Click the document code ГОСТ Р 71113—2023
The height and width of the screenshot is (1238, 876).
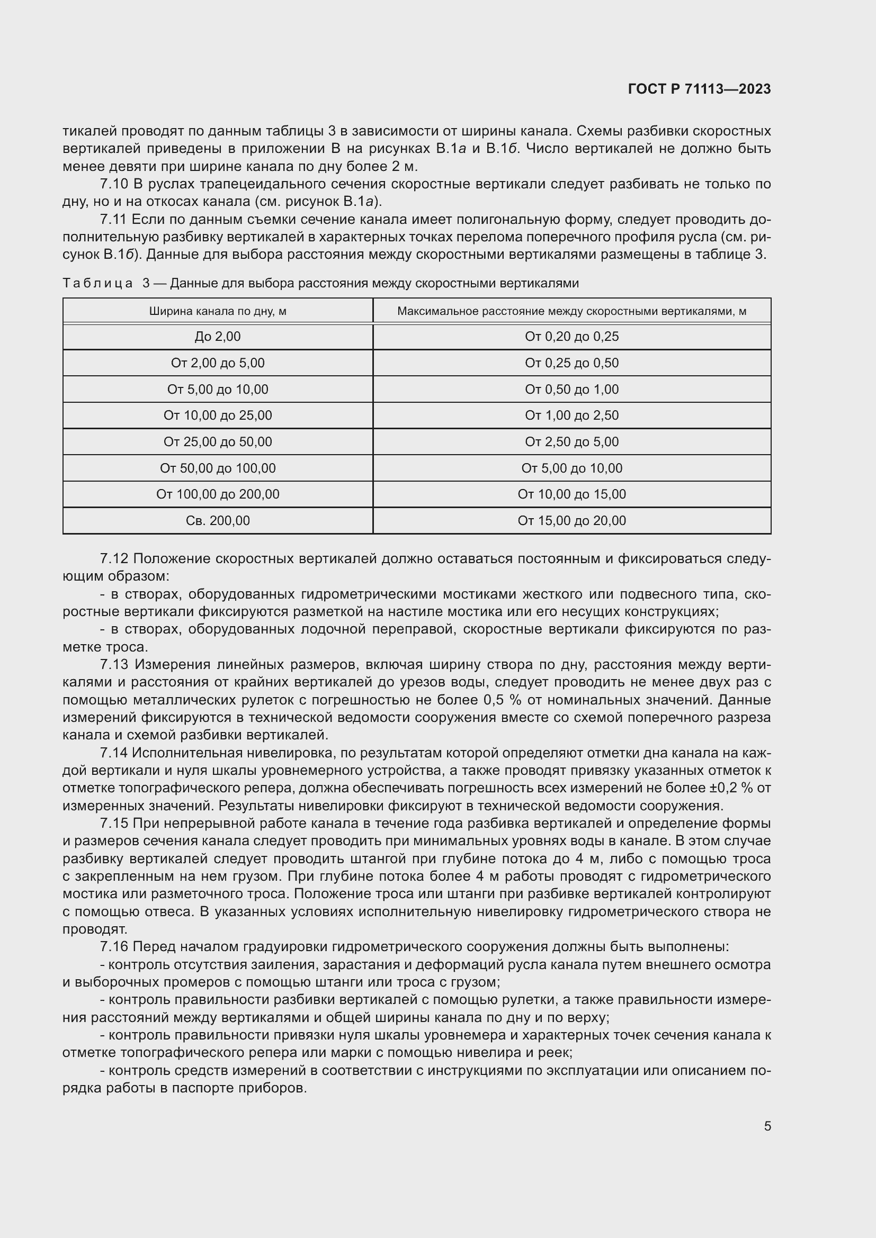point(699,89)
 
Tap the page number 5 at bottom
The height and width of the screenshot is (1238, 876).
point(767,1126)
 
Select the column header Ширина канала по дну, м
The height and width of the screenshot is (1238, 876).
point(217,311)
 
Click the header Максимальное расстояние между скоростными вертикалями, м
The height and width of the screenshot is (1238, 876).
point(571,311)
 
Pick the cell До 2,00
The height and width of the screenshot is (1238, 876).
point(217,337)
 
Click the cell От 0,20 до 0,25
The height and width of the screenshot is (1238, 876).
point(571,337)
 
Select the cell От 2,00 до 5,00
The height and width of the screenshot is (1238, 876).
point(217,363)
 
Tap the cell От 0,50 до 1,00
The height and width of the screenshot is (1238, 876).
point(571,390)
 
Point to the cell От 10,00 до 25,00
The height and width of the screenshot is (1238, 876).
point(217,415)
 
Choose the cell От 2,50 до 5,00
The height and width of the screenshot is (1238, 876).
point(571,441)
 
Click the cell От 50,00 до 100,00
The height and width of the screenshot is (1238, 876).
point(217,468)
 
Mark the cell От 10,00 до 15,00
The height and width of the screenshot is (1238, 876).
point(571,494)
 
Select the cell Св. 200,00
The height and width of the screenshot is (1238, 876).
point(217,520)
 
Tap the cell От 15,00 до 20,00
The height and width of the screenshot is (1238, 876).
point(571,520)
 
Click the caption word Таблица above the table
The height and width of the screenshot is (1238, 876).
point(97,283)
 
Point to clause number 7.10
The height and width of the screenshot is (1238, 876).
point(114,184)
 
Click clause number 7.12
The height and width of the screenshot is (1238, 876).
point(114,558)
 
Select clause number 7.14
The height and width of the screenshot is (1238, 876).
point(114,752)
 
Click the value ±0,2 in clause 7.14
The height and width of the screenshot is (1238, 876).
point(723,788)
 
